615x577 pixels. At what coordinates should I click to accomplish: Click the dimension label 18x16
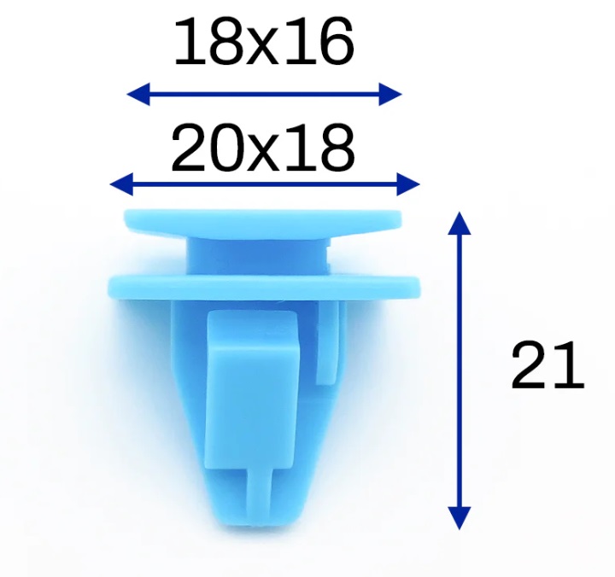264,42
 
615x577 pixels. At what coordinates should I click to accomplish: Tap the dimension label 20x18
263,148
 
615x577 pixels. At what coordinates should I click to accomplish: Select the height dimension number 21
548,364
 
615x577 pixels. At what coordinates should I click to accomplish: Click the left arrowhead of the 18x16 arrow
138,94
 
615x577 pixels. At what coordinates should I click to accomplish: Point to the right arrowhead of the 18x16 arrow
390,94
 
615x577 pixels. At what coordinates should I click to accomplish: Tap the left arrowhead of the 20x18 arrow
121,184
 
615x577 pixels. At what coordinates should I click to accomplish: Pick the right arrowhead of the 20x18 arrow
408,184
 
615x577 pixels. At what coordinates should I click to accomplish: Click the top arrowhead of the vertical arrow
460,223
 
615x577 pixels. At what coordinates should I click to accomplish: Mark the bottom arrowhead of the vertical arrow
460,518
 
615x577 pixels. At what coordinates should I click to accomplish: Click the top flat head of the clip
263,223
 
